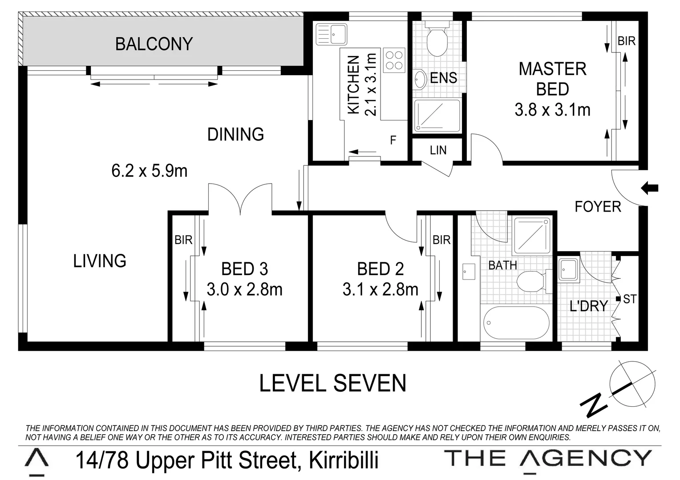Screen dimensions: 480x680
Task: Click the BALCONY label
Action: tap(154, 44)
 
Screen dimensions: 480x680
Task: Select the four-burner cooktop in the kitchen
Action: tap(394, 60)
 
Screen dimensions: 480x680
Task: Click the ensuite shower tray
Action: tap(437, 116)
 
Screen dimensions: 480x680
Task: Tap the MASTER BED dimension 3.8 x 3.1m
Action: tap(552, 109)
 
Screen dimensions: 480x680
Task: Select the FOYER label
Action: tap(597, 207)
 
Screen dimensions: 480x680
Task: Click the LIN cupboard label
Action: tap(438, 150)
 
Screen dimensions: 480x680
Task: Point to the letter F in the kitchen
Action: tap(393, 140)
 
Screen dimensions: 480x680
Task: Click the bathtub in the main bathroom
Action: tap(515, 323)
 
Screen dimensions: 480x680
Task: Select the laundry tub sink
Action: tap(568, 269)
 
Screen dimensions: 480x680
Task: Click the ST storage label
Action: tap(629, 300)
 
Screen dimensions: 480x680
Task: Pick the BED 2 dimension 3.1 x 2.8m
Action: tap(380, 290)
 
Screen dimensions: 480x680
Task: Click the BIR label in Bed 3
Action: tap(183, 240)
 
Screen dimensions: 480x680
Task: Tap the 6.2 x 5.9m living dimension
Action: tap(149, 170)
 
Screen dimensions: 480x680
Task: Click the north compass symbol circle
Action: tap(632, 383)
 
